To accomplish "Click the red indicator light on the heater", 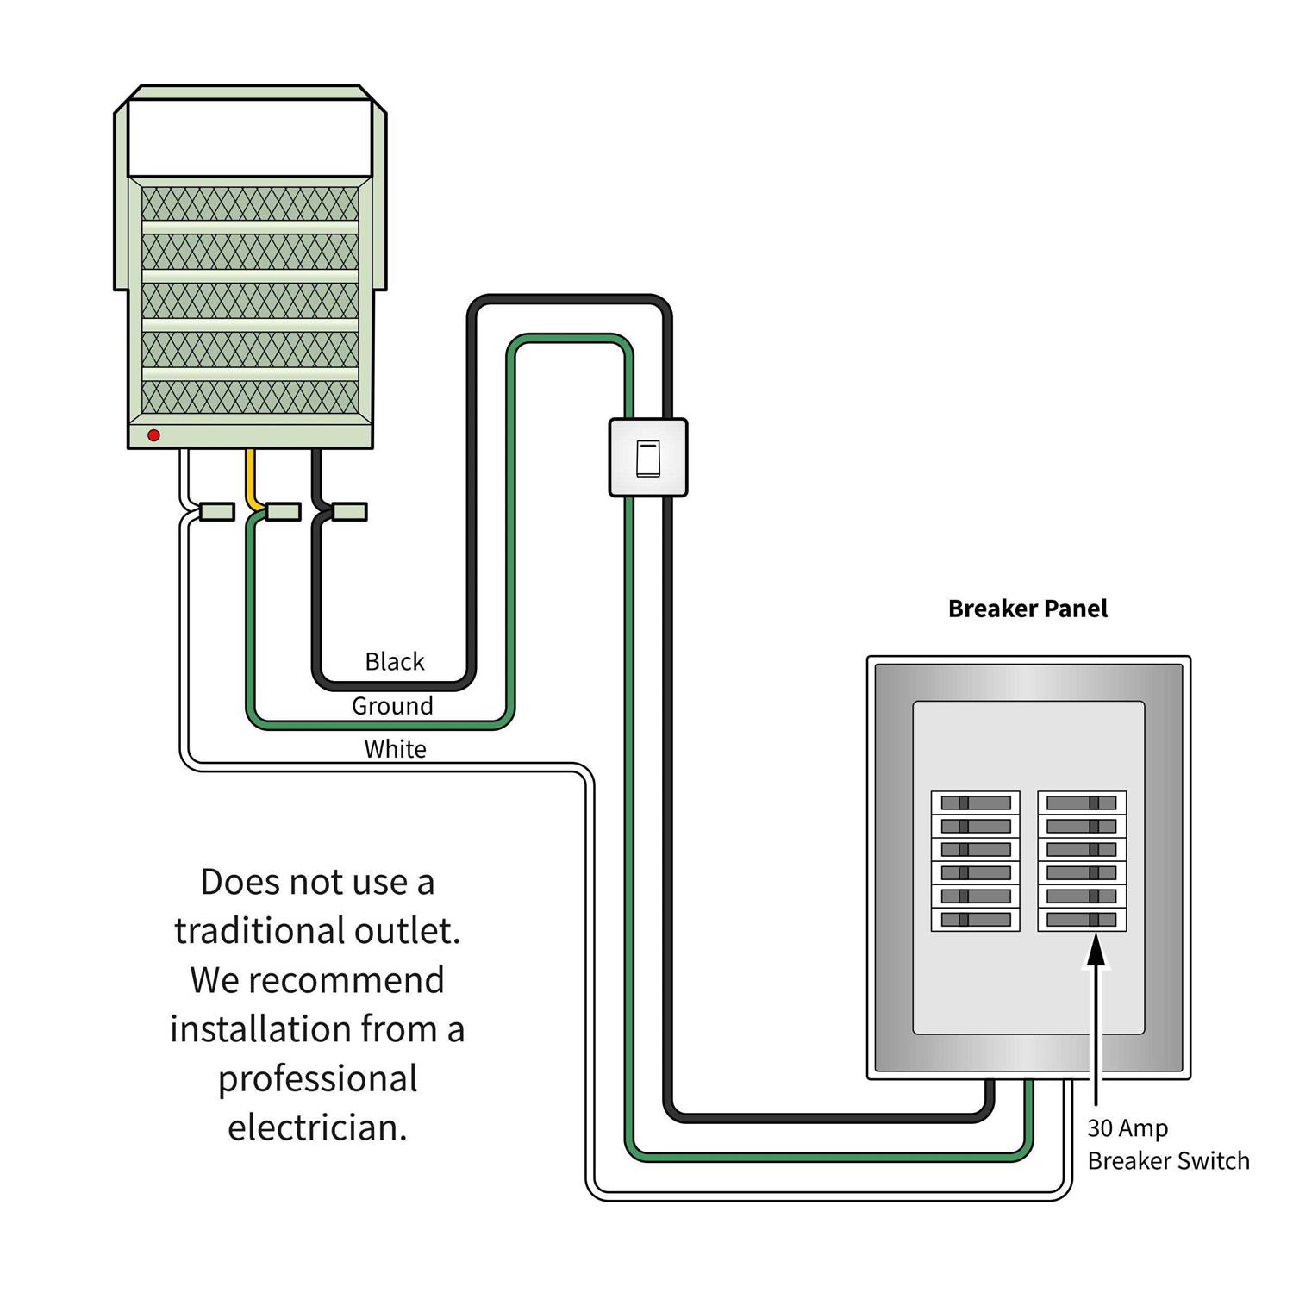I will (x=153, y=435).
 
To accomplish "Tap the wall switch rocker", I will (x=648, y=458).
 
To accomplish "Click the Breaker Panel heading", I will (x=1028, y=609).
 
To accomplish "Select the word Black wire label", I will (x=395, y=662).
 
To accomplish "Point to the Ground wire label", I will (x=392, y=706).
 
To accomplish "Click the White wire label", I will (x=395, y=749).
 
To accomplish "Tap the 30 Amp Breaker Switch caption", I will (x=1168, y=1145).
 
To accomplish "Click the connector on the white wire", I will (x=216, y=512).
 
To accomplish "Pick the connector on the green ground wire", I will (x=283, y=512).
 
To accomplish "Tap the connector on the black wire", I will (x=349, y=512).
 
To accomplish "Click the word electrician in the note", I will (x=317, y=1127).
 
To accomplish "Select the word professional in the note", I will (x=317, y=1079).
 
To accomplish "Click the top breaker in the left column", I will (x=976, y=803).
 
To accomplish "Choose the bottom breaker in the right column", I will (x=1082, y=920).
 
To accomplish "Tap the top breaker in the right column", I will (x=1082, y=803).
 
